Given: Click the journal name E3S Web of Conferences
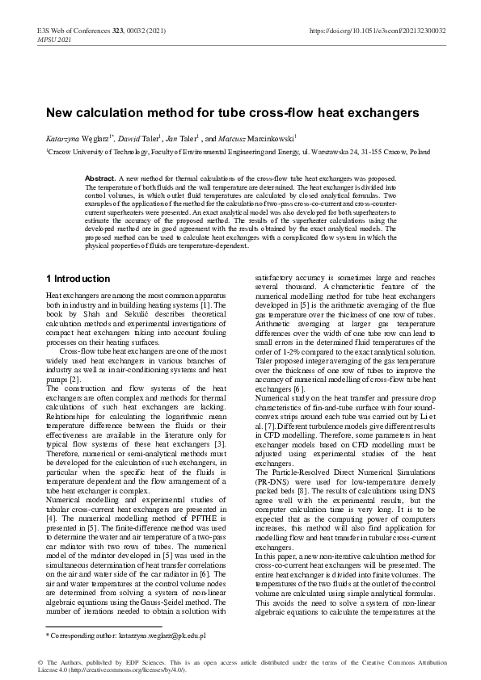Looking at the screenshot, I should [x=73, y=31].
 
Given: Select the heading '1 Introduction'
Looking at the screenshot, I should [x=78, y=279].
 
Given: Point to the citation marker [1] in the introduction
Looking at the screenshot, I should [x=229, y=305].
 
